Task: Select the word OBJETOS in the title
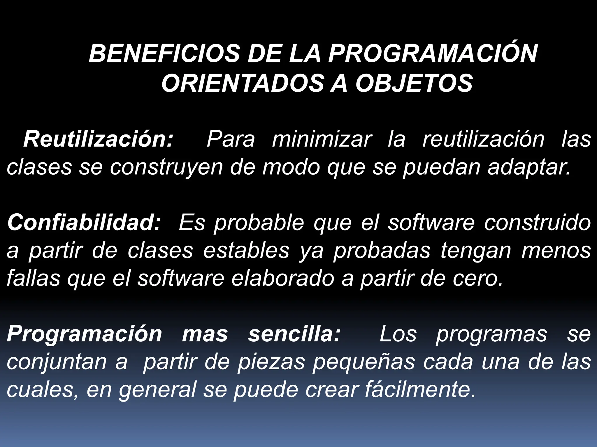click(x=414, y=84)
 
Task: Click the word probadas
click(x=382, y=251)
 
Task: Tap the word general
click(x=157, y=390)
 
